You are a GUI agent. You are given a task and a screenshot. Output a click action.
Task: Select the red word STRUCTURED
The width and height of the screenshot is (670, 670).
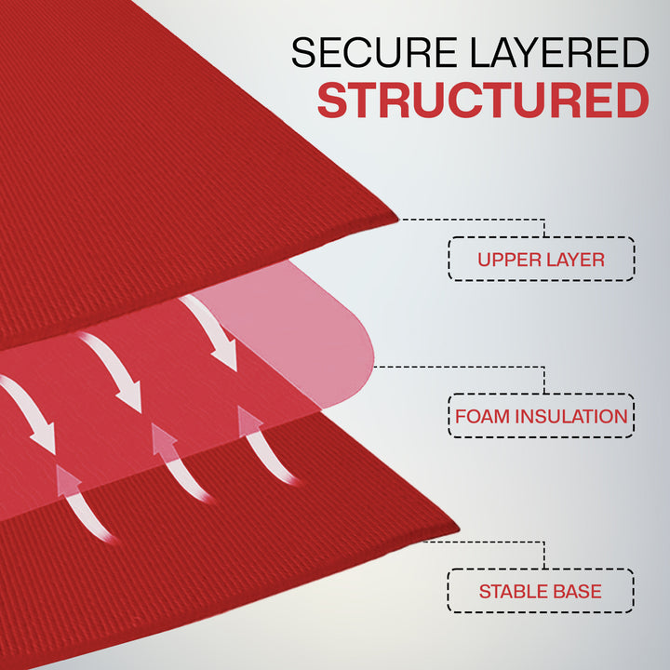[x=483, y=100]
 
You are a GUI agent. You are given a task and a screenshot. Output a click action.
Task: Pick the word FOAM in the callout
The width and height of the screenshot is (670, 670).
[x=481, y=416]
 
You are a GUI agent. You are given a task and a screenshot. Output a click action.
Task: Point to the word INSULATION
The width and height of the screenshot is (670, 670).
[x=570, y=416]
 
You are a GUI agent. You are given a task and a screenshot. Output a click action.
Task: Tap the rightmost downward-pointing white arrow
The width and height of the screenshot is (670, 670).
[x=210, y=331]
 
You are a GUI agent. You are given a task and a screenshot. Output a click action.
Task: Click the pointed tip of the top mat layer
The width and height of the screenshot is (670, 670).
[x=398, y=220]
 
